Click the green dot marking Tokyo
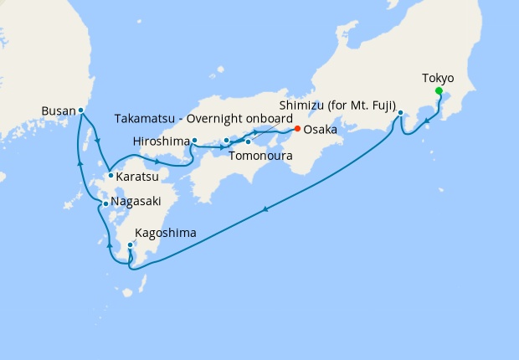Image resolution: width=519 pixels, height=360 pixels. pyautogui.click(x=439, y=92)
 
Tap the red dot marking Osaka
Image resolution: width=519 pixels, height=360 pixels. pyautogui.click(x=296, y=129)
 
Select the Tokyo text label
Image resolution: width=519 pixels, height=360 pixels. pyautogui.click(x=438, y=78)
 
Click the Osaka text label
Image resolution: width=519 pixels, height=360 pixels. pyautogui.click(x=321, y=130)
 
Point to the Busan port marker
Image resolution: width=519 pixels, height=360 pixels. pyautogui.click(x=81, y=110)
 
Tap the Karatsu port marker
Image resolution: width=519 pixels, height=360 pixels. pyautogui.click(x=110, y=176)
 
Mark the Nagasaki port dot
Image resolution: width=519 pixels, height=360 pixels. pyautogui.click(x=105, y=203)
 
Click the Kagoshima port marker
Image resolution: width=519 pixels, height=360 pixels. pyautogui.click(x=130, y=245)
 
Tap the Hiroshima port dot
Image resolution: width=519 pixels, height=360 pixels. pyautogui.click(x=194, y=141)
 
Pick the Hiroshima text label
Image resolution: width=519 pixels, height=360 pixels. pyautogui.click(x=161, y=141)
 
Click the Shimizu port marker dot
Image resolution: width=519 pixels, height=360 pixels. pyautogui.click(x=400, y=112)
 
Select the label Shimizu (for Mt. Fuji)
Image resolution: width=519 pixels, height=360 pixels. pyautogui.click(x=337, y=105)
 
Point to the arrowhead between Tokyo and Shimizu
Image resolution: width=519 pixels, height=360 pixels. pyautogui.click(x=428, y=121)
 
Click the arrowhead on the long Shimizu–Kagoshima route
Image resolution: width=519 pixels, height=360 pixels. pyautogui.click(x=267, y=209)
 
